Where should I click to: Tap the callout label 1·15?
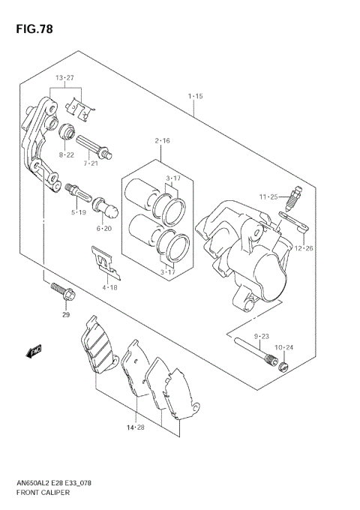pos(196,96)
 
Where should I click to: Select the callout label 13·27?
pos(64,78)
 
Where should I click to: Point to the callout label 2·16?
pos(162,141)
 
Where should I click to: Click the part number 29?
pos(66,315)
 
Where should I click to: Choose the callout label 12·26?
pos(303,248)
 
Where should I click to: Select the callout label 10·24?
pos(283,347)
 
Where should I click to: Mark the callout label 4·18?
pos(110,286)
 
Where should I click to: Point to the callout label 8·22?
pos(67,154)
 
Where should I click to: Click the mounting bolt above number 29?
pos(61,292)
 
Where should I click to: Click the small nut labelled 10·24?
pos(283,365)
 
